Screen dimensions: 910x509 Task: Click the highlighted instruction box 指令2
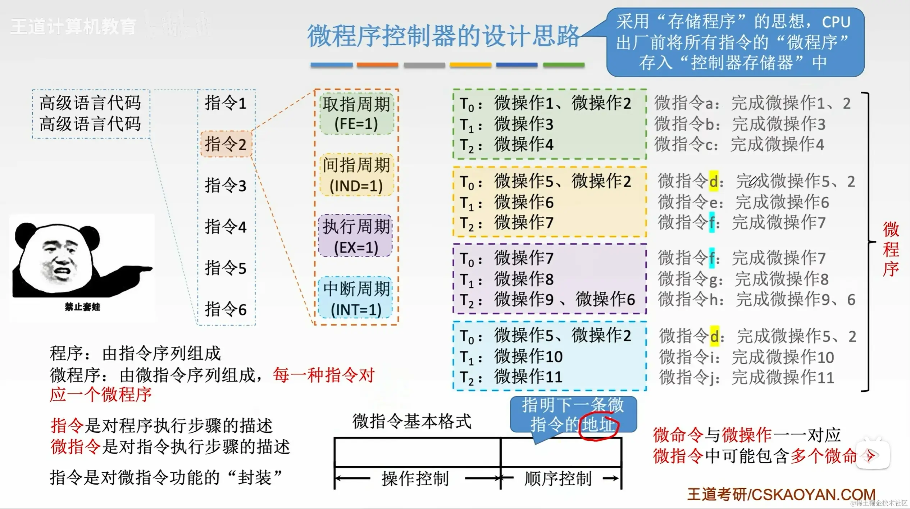coord(226,144)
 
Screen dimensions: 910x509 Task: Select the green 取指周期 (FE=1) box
coord(356,114)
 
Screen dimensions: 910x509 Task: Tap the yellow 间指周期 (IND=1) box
coord(356,176)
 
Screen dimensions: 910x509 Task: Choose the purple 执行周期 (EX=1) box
coord(355,237)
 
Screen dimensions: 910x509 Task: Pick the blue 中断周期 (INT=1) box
coord(355,299)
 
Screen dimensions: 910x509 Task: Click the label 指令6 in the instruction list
coord(226,309)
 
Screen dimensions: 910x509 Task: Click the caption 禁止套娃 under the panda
coord(82,307)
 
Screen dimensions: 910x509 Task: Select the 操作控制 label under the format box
coord(415,479)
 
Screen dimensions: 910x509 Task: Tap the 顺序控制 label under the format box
coord(558,479)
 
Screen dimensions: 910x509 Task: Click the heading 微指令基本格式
coord(411,421)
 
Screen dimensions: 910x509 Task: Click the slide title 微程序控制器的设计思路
coord(443,36)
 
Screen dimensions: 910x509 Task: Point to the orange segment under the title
coord(377,65)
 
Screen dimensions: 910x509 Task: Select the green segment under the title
coord(563,65)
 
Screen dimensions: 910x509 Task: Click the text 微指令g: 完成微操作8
coord(743,279)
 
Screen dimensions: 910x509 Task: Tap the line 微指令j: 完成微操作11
coord(746,378)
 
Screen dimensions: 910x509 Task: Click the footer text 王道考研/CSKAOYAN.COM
coord(781,495)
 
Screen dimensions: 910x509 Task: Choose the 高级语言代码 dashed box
coord(91,114)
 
